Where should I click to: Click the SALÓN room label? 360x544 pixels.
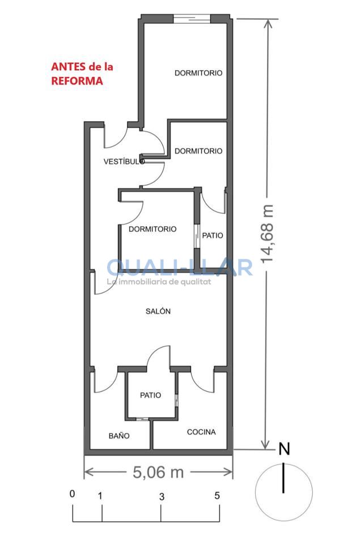(x=158, y=311)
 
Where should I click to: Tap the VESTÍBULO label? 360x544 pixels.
(x=124, y=161)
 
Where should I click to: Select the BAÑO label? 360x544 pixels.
(x=119, y=436)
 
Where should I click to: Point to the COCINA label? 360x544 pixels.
(x=201, y=432)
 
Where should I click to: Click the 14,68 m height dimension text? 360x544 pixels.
(x=267, y=233)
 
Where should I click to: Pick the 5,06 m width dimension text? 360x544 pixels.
(x=158, y=472)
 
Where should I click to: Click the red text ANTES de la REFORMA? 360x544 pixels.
(x=82, y=74)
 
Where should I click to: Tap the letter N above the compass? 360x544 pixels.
(x=285, y=449)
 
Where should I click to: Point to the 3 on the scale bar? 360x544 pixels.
(x=162, y=497)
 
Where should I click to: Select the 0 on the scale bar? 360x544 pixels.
(x=72, y=494)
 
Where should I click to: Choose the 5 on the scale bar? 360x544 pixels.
(x=217, y=496)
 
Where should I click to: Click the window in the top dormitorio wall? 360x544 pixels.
(x=192, y=18)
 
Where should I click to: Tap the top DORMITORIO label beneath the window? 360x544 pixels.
(x=198, y=73)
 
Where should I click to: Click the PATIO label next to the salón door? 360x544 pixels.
(x=151, y=395)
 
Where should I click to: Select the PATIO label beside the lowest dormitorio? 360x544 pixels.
(x=213, y=236)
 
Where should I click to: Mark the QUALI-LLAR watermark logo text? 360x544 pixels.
(x=180, y=267)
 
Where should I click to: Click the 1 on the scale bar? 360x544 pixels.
(x=100, y=496)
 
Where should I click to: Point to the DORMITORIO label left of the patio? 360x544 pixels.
(x=153, y=229)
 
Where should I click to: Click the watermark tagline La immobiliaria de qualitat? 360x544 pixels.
(x=159, y=282)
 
